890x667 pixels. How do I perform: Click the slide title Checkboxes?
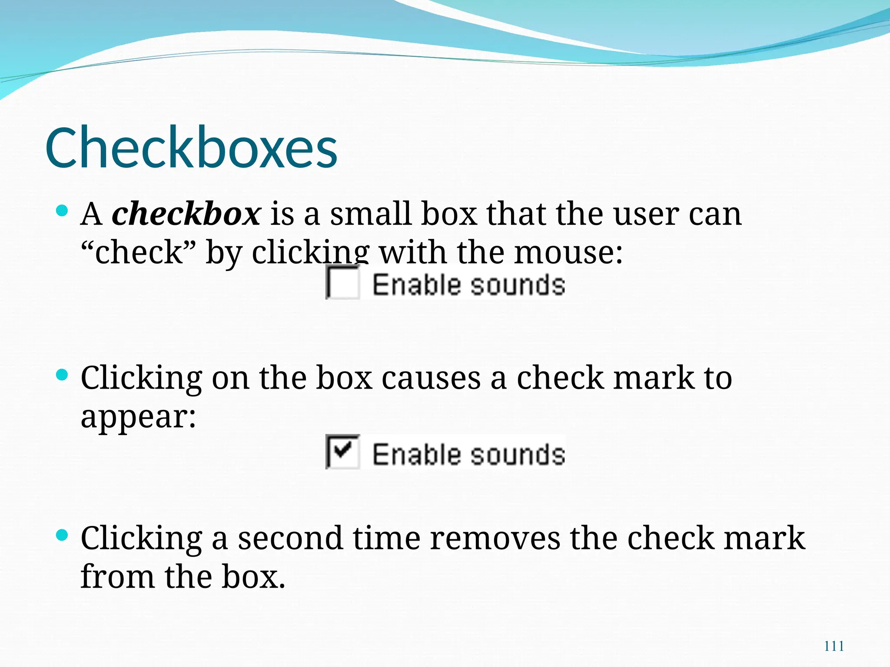pyautogui.click(x=191, y=148)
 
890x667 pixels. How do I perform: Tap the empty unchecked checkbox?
pyautogui.click(x=343, y=283)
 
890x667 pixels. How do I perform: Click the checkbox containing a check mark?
pyautogui.click(x=343, y=452)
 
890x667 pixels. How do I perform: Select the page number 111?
pyautogui.click(x=834, y=646)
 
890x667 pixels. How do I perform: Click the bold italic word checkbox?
pyautogui.click(x=186, y=214)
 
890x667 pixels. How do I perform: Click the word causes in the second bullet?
pyautogui.click(x=431, y=378)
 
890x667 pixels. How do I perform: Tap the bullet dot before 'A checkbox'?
pyautogui.click(x=63, y=211)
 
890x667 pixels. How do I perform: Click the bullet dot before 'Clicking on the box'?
pyautogui.click(x=63, y=375)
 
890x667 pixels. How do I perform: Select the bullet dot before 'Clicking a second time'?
pyautogui.click(x=63, y=535)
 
